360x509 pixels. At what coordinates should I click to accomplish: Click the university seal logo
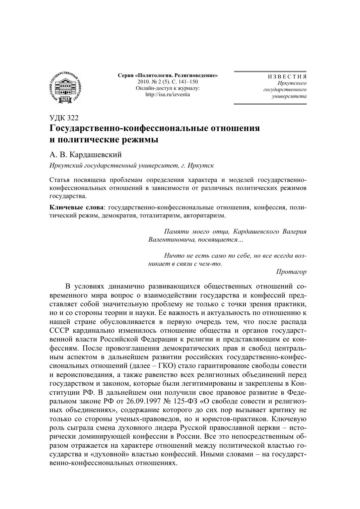coord(65,87)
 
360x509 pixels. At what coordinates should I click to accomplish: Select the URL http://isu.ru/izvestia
coord(167,94)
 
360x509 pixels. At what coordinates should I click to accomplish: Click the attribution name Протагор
coord(291,272)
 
